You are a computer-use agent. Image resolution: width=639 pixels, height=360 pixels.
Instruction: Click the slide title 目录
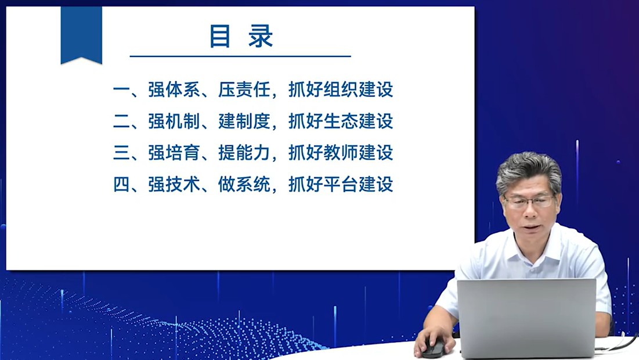click(241, 36)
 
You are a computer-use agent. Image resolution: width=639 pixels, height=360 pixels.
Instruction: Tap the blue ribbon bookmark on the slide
click(81, 35)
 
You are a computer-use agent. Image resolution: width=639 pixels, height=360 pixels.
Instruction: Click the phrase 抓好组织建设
click(341, 89)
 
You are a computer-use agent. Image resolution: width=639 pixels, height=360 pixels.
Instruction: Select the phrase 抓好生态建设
click(341, 121)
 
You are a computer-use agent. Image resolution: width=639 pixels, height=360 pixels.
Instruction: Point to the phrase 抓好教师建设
click(341, 153)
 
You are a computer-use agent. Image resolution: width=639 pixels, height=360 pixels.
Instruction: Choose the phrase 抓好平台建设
click(341, 184)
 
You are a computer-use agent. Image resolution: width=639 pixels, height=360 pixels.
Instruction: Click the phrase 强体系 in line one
click(174, 89)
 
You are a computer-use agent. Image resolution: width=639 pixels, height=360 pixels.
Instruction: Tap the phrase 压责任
click(244, 89)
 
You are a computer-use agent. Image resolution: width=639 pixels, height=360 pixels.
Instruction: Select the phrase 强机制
click(174, 121)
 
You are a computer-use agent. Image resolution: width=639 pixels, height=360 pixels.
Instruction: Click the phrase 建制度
click(244, 121)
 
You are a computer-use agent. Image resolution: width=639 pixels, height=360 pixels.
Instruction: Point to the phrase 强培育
click(174, 153)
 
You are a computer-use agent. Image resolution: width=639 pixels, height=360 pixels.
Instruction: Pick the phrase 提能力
click(244, 153)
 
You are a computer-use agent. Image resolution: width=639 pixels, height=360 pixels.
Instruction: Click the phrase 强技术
click(174, 184)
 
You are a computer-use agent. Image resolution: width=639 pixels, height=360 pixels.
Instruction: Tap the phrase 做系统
click(244, 184)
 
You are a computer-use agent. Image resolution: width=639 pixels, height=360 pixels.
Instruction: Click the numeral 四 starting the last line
click(121, 184)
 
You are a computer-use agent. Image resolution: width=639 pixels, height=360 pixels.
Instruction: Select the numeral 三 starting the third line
click(121, 153)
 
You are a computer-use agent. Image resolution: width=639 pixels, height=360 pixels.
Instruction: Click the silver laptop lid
click(526, 318)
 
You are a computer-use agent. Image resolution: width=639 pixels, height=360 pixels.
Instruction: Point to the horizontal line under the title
click(240, 56)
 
